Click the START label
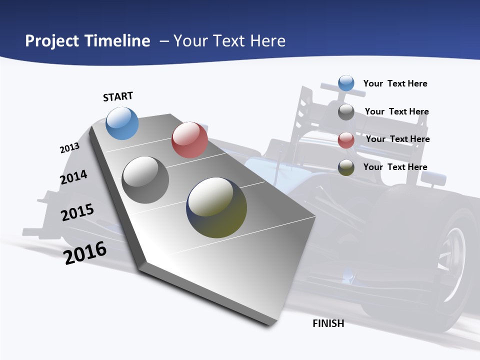pos(118,96)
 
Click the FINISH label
pos(328,323)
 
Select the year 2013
pos(69,148)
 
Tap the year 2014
pos(73,177)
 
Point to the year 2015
pos(77,212)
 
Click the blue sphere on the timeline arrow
pos(122,123)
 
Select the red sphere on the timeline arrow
pos(189,139)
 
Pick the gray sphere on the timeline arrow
pos(145,179)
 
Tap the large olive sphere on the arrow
pos(216,207)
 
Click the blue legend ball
pos(346,83)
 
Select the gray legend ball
pos(346,111)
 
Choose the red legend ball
pos(346,139)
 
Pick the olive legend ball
pos(346,167)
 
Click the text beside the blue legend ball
pos(395,83)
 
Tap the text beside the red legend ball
pos(397,139)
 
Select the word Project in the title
pos(52,41)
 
